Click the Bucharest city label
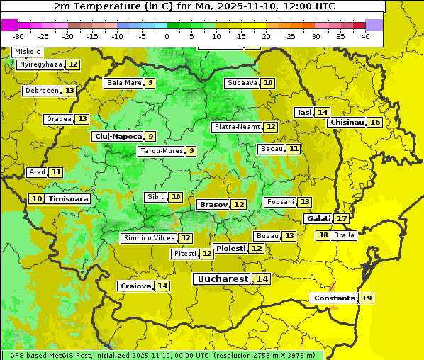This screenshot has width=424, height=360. [x=223, y=279]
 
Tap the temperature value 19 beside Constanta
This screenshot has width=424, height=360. [x=367, y=298]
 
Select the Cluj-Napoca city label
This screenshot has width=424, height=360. [x=117, y=136]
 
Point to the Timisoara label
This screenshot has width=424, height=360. [x=69, y=199]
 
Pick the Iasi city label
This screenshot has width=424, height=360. [x=304, y=112]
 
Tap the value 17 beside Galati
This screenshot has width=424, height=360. [x=341, y=219]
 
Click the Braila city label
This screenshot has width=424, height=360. [x=343, y=235]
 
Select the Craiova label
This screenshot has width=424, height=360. [x=135, y=286]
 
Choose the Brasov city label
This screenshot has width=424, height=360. [x=213, y=204]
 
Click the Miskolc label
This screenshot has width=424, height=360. [x=28, y=52]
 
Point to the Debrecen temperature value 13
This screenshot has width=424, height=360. [x=69, y=91]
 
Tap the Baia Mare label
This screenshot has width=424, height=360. [x=123, y=83]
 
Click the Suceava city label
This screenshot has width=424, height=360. [x=242, y=83]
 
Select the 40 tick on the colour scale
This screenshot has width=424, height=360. [x=365, y=36]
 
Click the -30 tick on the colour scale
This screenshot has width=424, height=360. [x=18, y=36]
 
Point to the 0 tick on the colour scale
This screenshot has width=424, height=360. [x=167, y=36]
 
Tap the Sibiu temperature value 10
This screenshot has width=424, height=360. [x=175, y=197]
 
